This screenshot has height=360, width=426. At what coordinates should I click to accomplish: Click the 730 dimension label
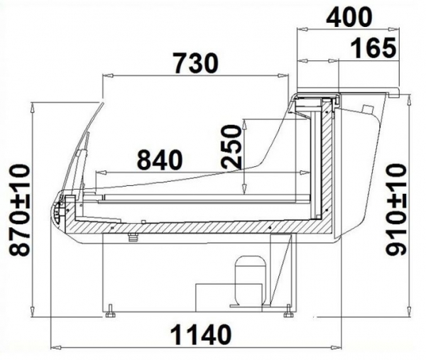pyautogui.click(x=196, y=63)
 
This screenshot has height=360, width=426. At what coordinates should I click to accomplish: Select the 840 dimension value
pyautogui.click(x=160, y=160)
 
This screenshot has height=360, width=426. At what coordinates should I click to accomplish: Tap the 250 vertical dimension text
pyautogui.click(x=231, y=146)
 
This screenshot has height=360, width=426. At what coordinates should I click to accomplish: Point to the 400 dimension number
pyautogui.click(x=349, y=17)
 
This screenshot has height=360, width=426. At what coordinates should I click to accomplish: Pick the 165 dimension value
pyautogui.click(x=373, y=48)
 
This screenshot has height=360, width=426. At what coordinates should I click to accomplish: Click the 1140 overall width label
pyautogui.click(x=202, y=334)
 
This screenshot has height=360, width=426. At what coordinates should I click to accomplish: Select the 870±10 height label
pyautogui.click(x=19, y=209)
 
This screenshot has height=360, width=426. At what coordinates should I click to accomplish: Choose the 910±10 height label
pyautogui.click(x=396, y=209)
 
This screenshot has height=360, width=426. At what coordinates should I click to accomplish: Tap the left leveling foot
pyautogui.click(x=110, y=312)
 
